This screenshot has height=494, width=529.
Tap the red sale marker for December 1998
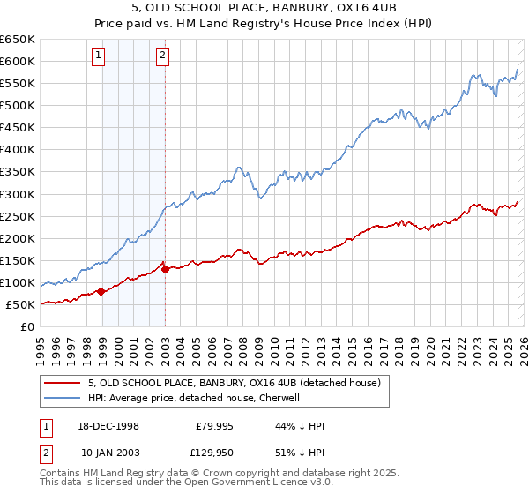[101, 291]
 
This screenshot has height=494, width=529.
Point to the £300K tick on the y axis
[18, 194]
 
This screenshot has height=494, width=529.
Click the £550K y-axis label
[18, 83]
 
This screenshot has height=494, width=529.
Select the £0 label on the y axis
[26, 327]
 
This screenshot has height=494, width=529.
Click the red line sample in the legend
[62, 383]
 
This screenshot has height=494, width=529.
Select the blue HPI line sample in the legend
[62, 398]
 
